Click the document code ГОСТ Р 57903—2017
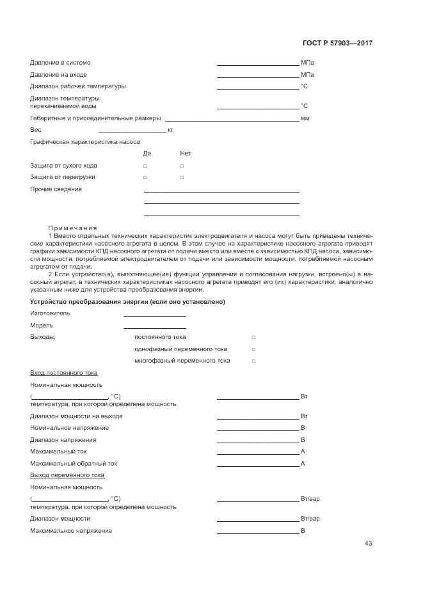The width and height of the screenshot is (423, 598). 337,43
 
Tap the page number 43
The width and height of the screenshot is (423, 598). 368,544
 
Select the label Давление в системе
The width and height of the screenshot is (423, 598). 60,63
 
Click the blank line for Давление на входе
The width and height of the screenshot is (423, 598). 257,77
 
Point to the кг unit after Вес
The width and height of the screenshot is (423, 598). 170,130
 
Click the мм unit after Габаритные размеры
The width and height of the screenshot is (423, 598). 305,118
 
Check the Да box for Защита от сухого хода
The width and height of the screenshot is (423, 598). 145,166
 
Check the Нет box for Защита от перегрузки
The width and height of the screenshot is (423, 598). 182,177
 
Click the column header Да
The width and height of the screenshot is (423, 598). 147,153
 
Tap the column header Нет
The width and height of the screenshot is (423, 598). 186,153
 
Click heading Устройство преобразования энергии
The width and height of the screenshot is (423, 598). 127,301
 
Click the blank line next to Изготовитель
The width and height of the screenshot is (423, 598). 154,315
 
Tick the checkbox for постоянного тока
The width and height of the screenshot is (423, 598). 253,337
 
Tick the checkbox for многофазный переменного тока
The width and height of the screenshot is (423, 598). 253,361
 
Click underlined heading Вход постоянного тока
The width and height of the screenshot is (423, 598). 64,372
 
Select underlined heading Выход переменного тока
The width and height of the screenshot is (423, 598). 67,475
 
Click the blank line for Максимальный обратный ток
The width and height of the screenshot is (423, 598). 257,466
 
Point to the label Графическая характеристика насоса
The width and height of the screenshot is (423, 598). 85,141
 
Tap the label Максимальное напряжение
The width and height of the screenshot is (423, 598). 71,531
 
